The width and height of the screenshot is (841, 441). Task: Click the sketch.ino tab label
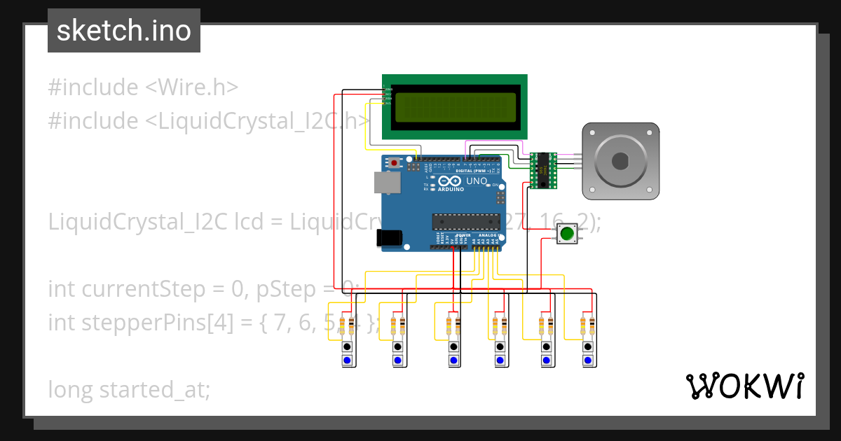coord(123,31)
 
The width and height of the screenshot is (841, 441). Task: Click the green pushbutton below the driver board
coord(566,234)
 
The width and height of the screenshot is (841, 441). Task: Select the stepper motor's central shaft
coord(620,161)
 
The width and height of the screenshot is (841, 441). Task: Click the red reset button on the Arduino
coord(395,163)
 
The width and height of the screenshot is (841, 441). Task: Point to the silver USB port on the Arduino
coord(385,183)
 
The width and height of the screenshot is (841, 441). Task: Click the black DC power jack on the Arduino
coord(390,238)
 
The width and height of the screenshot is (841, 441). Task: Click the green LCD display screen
coord(455,108)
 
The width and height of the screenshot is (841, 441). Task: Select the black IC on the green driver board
coord(542,170)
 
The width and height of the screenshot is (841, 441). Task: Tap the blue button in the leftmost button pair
coord(347,360)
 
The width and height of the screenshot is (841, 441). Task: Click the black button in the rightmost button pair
coord(587,346)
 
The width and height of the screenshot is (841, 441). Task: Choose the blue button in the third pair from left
coord(453,360)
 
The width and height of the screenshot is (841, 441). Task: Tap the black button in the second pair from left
coord(397,346)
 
